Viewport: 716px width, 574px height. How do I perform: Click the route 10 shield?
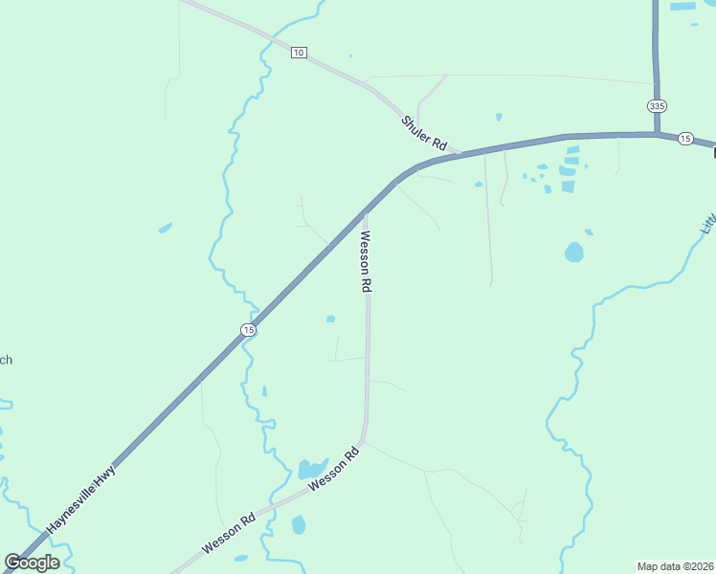(299, 52)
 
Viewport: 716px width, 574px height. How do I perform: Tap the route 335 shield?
(656, 105)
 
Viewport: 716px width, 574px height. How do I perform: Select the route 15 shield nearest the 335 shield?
(684, 139)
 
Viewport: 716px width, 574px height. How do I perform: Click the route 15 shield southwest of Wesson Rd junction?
(248, 330)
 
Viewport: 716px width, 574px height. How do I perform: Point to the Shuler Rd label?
(424, 133)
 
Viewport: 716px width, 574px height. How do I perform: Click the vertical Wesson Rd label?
(365, 260)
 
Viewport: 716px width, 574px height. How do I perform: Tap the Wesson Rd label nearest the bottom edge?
(228, 535)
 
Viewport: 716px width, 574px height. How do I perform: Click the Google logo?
(32, 563)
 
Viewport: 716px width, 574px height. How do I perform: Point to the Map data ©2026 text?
(675, 566)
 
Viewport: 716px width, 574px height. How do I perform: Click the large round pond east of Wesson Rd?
(573, 253)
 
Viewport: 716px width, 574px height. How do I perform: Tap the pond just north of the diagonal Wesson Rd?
(310, 469)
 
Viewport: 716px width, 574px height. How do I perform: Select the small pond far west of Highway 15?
(165, 228)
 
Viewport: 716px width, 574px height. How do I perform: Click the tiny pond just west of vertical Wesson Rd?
(330, 319)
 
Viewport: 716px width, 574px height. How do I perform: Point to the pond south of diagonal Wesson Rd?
(299, 524)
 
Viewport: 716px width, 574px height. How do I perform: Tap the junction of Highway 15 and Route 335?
(658, 135)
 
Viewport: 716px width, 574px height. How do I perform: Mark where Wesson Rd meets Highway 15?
(365, 210)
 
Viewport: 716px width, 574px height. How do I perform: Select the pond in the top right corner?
(683, 6)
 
